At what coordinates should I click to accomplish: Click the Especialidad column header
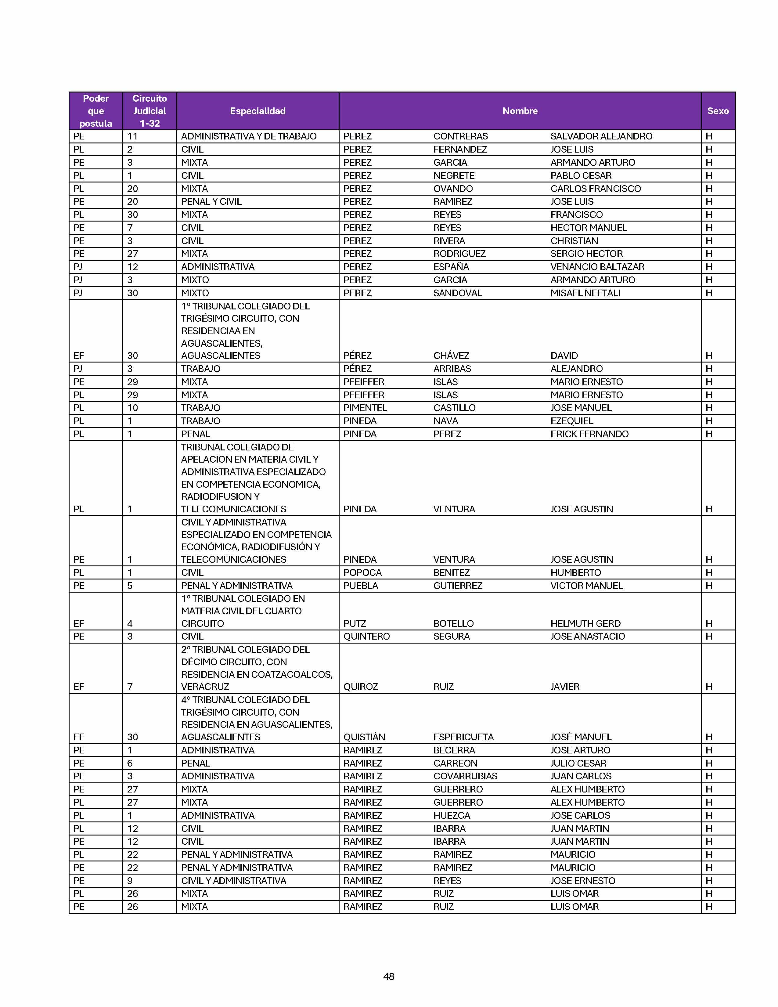pyautogui.click(x=258, y=111)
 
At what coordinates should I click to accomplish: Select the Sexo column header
pyautogui.click(x=718, y=111)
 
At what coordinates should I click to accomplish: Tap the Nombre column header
pyautogui.click(x=520, y=111)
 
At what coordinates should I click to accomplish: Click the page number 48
pyautogui.click(x=388, y=976)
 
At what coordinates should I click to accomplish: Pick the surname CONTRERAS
pyautogui.click(x=460, y=136)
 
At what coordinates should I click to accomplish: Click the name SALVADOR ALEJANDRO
pyautogui.click(x=601, y=136)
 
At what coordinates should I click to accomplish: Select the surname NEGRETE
pyautogui.click(x=453, y=175)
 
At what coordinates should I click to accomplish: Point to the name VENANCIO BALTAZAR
pyautogui.click(x=597, y=266)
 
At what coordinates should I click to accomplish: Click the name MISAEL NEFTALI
pyautogui.click(x=585, y=293)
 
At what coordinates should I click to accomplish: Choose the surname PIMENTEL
pyautogui.click(x=365, y=408)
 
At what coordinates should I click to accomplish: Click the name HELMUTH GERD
pyautogui.click(x=585, y=623)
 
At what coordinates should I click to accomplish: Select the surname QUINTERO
pyautogui.click(x=366, y=636)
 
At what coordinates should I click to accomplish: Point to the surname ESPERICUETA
pyautogui.click(x=463, y=737)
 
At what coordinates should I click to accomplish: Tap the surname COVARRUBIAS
pyautogui.click(x=465, y=776)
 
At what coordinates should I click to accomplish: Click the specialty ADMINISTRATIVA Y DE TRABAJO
pyautogui.click(x=248, y=136)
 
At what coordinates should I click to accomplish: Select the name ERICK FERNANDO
pyautogui.click(x=589, y=434)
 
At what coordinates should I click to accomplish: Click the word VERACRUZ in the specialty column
pyautogui.click(x=205, y=687)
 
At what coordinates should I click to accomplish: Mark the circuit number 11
pyautogui.click(x=132, y=136)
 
